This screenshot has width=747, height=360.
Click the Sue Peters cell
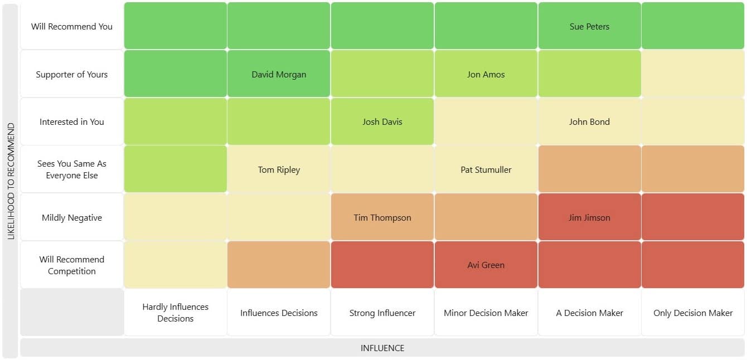click(589, 26)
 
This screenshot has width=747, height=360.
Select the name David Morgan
click(279, 74)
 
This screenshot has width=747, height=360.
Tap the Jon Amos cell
click(486, 74)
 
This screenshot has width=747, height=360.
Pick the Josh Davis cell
click(382, 121)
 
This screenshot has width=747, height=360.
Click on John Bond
click(589, 121)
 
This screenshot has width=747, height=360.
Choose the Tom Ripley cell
click(279, 169)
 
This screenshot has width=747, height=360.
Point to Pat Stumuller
click(486, 169)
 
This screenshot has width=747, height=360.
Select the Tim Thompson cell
click(382, 217)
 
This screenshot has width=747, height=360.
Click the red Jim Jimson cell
click(589, 217)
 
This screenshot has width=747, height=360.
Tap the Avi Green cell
click(486, 265)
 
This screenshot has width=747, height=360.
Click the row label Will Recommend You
click(72, 26)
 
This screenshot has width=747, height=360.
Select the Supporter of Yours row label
click(72, 74)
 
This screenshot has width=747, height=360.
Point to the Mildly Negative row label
click(72, 217)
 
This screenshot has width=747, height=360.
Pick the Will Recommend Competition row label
click(72, 265)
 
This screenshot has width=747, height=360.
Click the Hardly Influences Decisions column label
click(175, 313)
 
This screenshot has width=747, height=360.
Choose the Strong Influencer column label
click(382, 313)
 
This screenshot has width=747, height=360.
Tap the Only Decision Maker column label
click(693, 313)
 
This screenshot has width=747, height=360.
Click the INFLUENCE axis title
click(382, 348)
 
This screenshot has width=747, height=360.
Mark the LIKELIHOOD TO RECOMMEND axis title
click(11, 181)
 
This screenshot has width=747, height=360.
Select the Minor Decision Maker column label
click(486, 313)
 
